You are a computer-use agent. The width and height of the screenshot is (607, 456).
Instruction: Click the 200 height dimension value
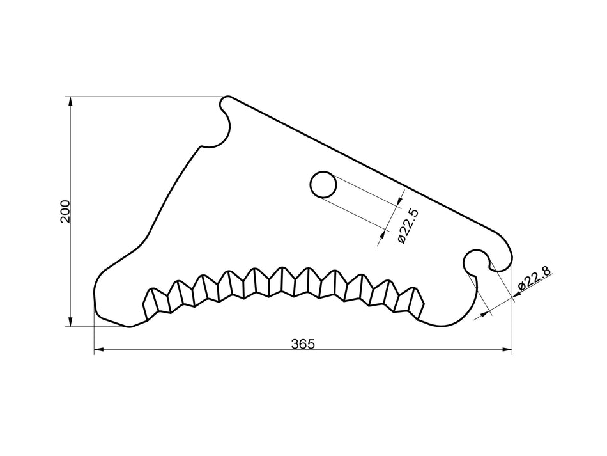pos(65,211)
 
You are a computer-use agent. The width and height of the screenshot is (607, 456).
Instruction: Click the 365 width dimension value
pos(303,343)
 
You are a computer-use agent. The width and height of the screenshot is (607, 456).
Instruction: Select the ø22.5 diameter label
pos(408,225)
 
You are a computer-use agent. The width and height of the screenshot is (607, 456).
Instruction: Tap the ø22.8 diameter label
pos(534,279)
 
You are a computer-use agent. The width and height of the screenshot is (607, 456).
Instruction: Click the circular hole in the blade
pos(323,185)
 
